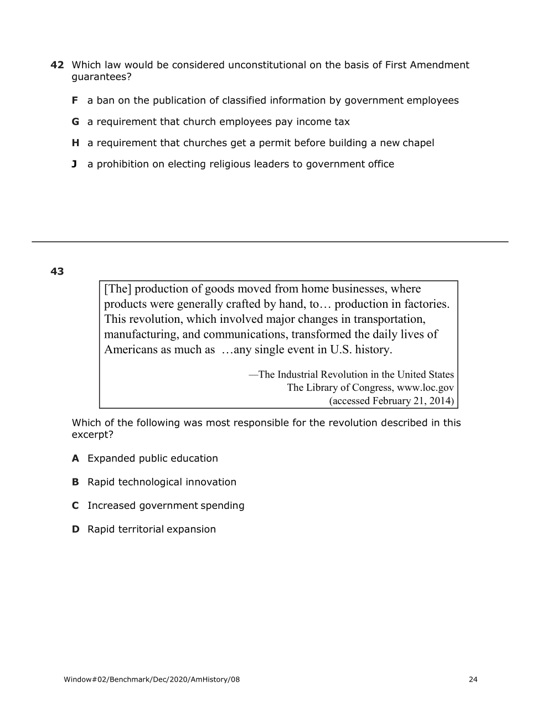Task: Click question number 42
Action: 57,65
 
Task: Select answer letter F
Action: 75,101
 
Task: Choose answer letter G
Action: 75,122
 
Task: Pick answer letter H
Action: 75,143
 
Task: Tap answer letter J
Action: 74,164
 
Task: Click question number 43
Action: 57,271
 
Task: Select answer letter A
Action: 75,458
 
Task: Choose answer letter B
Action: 75,482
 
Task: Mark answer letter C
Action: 75,506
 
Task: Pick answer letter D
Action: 75,529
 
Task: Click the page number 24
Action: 473,679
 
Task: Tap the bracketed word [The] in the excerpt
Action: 117,289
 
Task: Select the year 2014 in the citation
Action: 440,401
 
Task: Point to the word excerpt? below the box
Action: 92,435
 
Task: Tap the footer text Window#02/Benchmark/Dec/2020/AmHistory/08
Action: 152,679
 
